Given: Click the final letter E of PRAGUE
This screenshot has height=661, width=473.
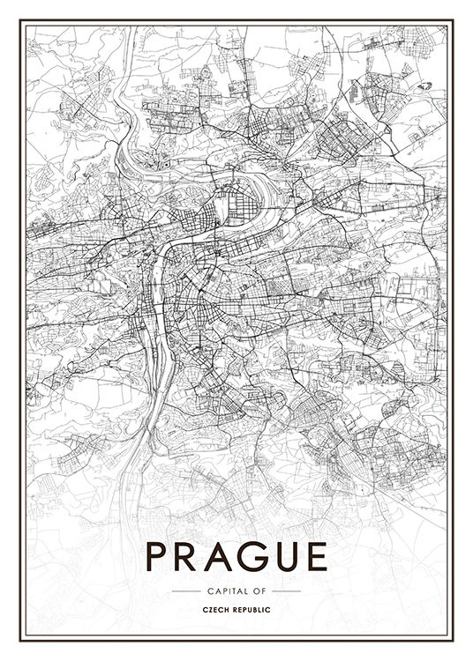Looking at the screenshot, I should pyautogui.click(x=314, y=556).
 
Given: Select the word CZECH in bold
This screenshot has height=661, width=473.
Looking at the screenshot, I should pyautogui.click(x=217, y=610).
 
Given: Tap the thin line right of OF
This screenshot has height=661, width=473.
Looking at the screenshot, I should pyautogui.click(x=288, y=590).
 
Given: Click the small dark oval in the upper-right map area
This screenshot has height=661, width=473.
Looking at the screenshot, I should pyautogui.click(x=426, y=86).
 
